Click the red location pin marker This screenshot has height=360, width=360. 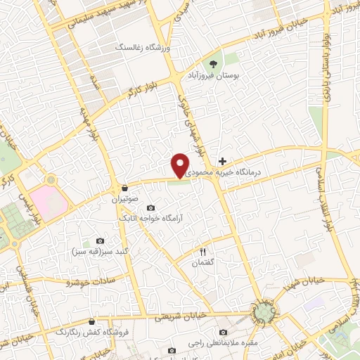point(180,165)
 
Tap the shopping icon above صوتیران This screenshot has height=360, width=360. point(124,188)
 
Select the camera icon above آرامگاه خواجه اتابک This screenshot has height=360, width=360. point(150,207)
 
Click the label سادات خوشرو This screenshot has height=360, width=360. point(84,281)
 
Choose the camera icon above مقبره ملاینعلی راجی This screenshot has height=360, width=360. point(224,333)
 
